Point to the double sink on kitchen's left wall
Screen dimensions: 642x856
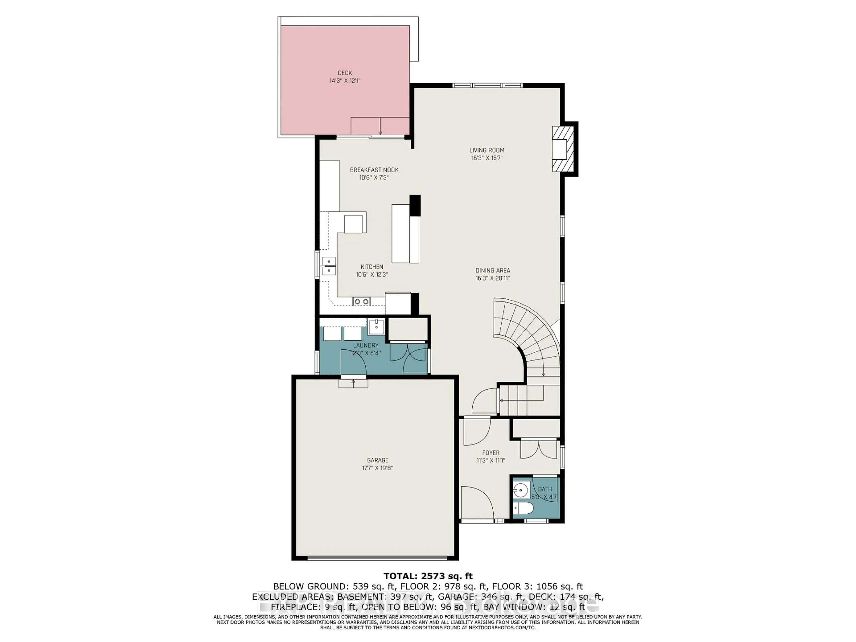(x=329, y=266)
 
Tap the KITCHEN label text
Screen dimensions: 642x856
(x=372, y=267)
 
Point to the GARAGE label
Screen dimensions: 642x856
(x=377, y=460)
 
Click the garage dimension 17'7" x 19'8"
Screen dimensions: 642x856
(x=377, y=468)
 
